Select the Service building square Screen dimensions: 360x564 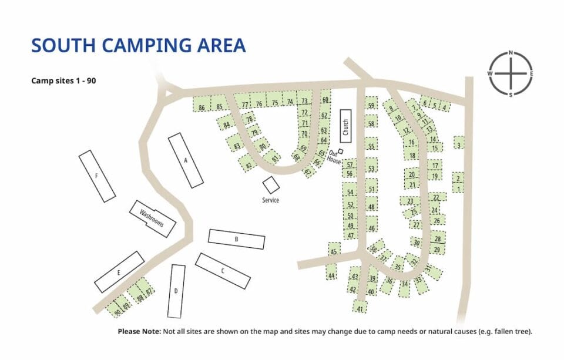pyautogui.click(x=271, y=185)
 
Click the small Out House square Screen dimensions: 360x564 pyautogui.click(x=340, y=152)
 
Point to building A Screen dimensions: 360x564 pyautogui.click(x=186, y=160)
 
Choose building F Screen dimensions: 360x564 pyautogui.click(x=97, y=176)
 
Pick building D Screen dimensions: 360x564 pyautogui.click(x=176, y=291)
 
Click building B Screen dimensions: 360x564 pyautogui.click(x=236, y=239)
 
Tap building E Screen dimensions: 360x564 pyautogui.click(x=119, y=272)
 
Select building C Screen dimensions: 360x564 pyautogui.click(x=223, y=271)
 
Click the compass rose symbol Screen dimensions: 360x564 pyautogui.click(x=511, y=73)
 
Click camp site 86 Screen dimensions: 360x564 pyautogui.click(x=202, y=107)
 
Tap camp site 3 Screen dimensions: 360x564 pyautogui.click(x=459, y=143)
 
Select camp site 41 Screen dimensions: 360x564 pyautogui.click(x=360, y=307)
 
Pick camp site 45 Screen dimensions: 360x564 pyautogui.click(x=334, y=251)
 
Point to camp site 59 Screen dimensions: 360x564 pyautogui.click(x=371, y=105)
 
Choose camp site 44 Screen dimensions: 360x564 pyautogui.click(x=331, y=274)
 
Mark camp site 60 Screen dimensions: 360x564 pyautogui.click(x=324, y=100)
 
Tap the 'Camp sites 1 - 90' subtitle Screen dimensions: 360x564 pyautogui.click(x=63, y=81)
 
